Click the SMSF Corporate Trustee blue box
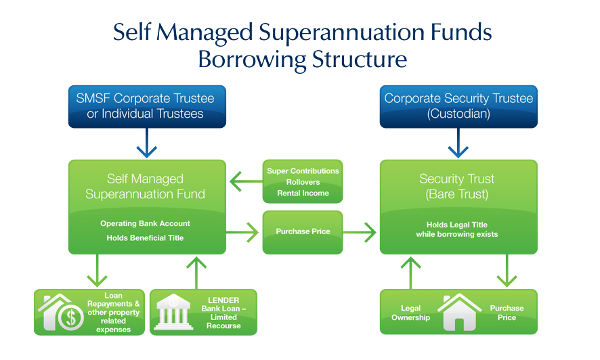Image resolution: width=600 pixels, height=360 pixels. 146,106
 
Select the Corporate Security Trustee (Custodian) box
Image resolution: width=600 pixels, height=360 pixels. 458,106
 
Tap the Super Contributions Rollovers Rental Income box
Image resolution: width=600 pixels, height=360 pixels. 303,181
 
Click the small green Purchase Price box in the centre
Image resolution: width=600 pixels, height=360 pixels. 303,231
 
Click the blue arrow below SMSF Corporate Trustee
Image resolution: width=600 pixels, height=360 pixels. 146,145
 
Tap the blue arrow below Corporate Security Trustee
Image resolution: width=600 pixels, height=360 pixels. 458,145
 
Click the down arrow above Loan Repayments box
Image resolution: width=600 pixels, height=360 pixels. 98,271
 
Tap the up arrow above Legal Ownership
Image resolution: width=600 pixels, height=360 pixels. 409,271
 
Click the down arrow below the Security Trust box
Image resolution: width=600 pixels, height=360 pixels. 507,271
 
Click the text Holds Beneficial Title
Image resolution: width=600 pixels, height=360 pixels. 146,238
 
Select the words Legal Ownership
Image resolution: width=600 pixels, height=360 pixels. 411,313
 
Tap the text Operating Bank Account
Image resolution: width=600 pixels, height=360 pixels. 146,223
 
